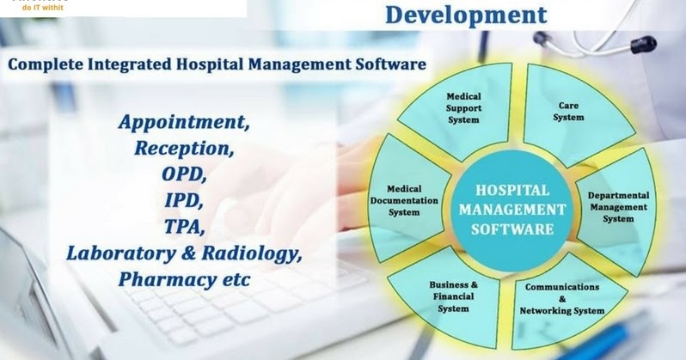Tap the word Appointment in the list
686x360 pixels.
point(186,121)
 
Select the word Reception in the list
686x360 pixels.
point(184,148)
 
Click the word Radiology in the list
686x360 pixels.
point(259,255)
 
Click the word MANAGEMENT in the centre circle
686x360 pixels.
point(512,209)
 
